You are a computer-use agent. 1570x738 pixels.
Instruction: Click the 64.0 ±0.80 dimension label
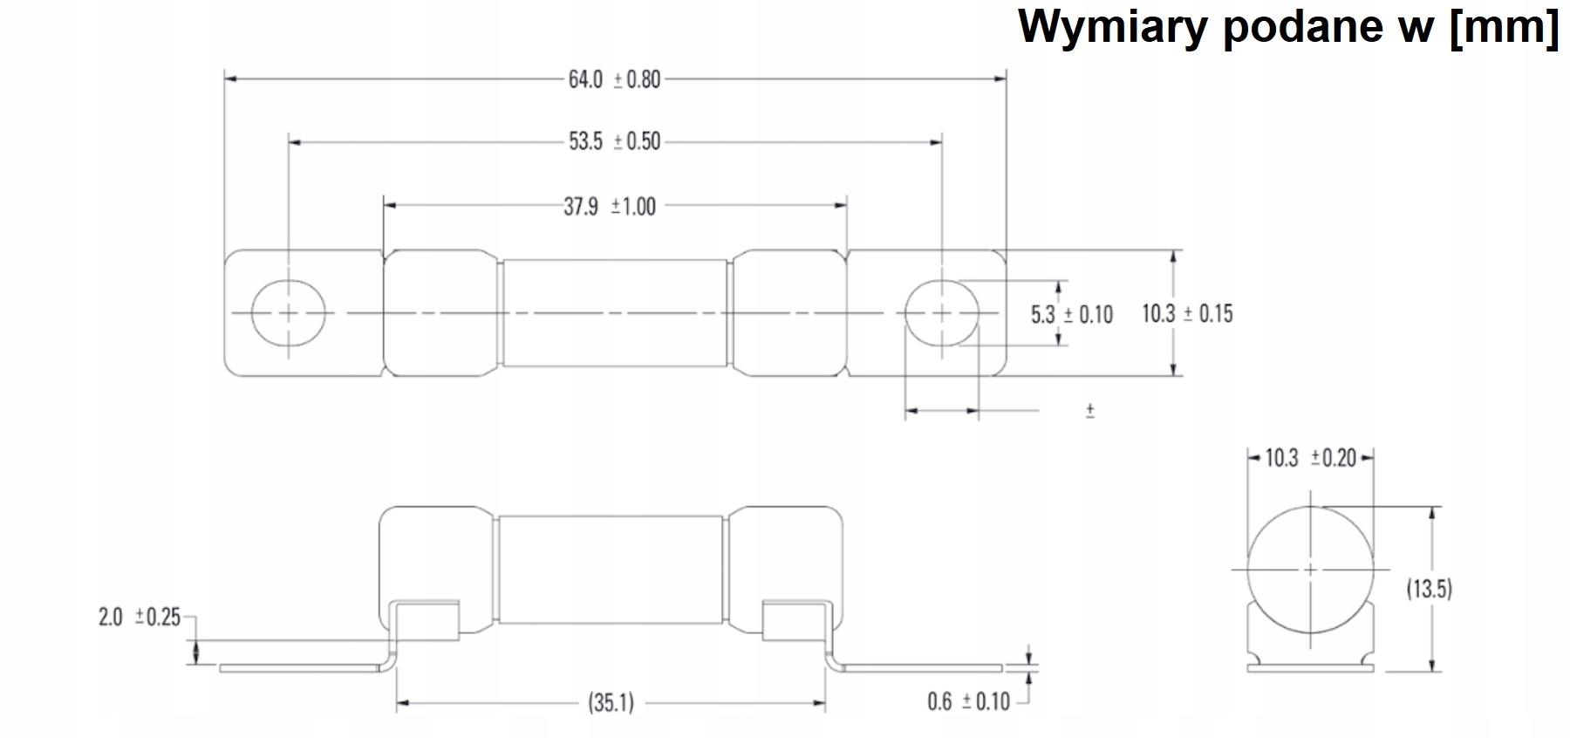614,79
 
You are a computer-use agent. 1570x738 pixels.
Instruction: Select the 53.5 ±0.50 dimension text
614,141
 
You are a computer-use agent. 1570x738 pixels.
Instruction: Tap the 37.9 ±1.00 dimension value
609,207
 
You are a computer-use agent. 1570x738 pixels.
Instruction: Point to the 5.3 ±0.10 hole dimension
1072,314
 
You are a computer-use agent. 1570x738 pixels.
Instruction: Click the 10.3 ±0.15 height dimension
1187,313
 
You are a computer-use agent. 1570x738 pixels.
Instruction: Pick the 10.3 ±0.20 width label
1310,458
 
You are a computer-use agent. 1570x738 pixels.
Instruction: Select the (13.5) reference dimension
1429,589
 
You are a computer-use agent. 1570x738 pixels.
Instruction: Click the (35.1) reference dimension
611,701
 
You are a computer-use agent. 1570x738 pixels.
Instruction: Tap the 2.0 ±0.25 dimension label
140,618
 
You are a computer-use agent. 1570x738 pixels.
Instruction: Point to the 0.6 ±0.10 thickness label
968,700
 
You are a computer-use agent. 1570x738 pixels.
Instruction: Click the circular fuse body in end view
1310,569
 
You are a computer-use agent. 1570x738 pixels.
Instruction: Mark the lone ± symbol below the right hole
1090,411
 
